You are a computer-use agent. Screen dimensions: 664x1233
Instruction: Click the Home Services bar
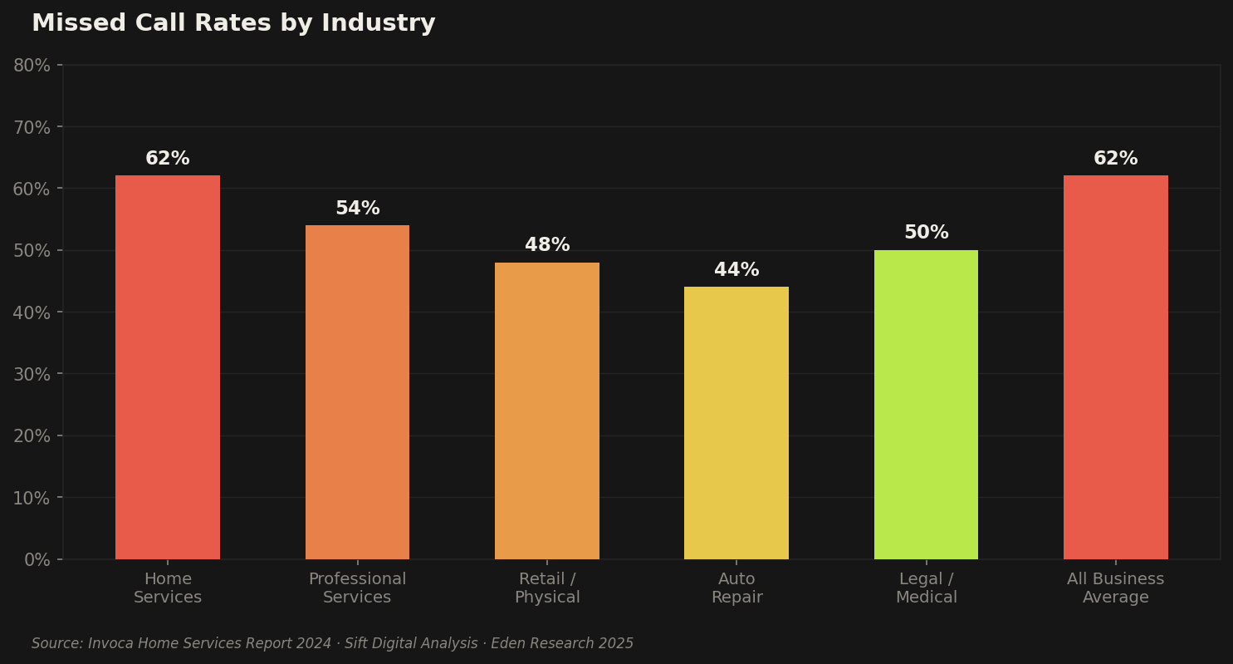168,367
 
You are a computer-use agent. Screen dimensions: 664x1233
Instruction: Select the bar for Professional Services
357,392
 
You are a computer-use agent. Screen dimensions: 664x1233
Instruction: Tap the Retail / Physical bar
547,411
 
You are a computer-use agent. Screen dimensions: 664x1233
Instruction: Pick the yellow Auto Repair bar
736,423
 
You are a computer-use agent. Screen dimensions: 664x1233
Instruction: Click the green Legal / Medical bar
926,405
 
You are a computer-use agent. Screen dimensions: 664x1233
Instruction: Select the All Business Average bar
1115,367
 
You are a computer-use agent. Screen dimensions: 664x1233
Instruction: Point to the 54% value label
357,209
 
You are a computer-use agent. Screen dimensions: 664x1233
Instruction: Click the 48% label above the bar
547,245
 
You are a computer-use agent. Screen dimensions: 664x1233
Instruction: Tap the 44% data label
736,270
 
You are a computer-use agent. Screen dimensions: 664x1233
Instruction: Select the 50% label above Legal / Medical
926,233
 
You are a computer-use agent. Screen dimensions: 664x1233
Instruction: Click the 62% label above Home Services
168,159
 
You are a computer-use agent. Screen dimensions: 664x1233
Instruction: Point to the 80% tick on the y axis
32,66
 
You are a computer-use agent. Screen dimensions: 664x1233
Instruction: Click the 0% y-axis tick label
37,559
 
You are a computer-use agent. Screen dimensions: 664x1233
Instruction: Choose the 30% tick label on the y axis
32,374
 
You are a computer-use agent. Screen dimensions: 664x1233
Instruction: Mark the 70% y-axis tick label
32,127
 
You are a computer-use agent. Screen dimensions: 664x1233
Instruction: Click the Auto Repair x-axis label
736,588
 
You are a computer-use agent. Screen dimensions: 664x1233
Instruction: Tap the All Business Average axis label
1115,588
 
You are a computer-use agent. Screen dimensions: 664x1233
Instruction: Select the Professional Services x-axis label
357,588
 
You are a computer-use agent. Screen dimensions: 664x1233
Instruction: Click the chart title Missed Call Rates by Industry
233,23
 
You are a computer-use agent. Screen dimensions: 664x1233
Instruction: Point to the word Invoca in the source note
110,644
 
